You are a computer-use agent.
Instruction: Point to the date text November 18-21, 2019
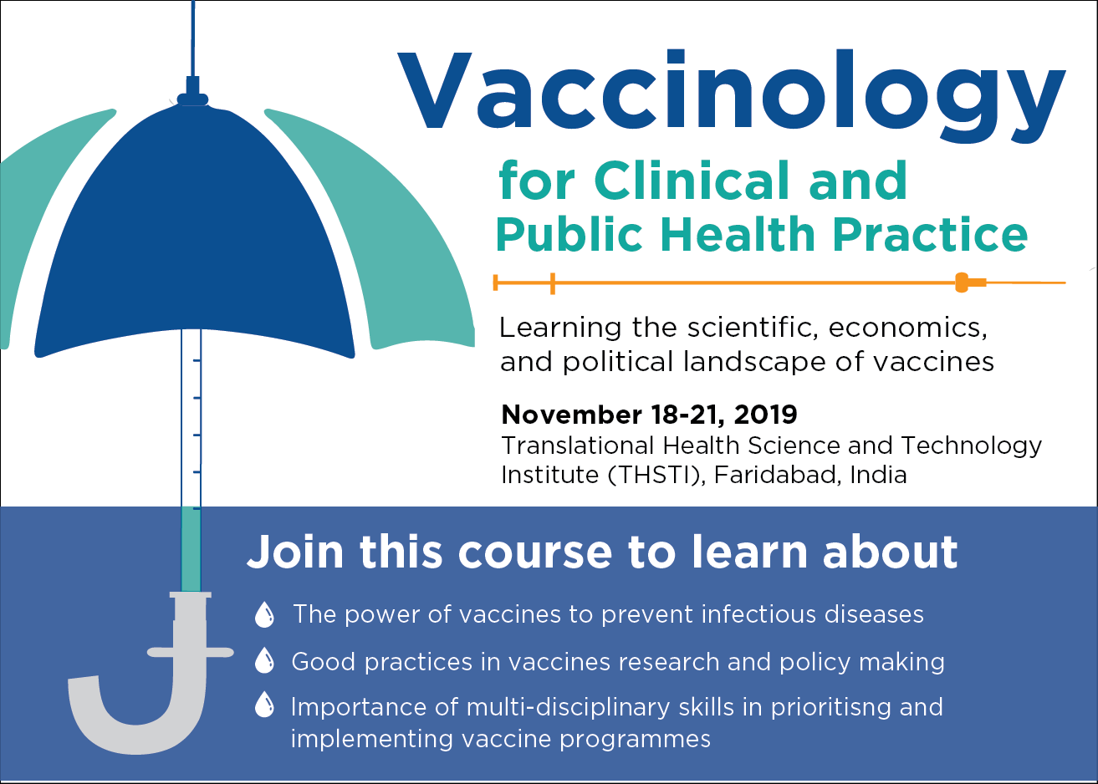(649, 415)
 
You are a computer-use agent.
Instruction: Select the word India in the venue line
(878, 475)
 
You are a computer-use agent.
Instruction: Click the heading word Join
(295, 552)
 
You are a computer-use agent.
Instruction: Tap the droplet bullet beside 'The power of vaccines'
(264, 615)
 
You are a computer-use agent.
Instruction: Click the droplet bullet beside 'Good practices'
(264, 661)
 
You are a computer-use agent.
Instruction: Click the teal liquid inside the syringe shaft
(191, 547)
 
